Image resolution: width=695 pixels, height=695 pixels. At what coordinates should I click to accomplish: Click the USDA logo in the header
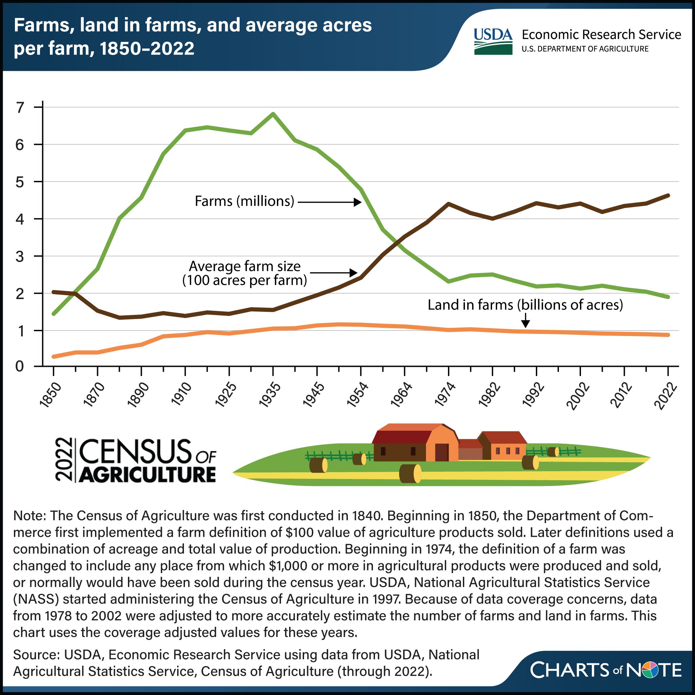pyautogui.click(x=493, y=41)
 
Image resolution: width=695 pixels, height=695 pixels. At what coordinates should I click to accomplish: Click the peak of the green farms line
pyautogui.click(x=273, y=114)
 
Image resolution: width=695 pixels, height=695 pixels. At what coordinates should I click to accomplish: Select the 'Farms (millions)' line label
pyautogui.click(x=244, y=201)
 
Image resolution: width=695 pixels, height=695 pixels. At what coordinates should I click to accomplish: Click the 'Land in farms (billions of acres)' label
pyautogui.click(x=525, y=305)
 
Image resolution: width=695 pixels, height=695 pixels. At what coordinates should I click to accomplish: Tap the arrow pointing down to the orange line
pyautogui.click(x=526, y=320)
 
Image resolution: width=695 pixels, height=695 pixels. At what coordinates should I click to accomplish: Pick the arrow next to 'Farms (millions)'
pyautogui.click(x=329, y=202)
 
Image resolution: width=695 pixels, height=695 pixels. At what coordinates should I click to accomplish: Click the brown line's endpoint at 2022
pyautogui.click(x=668, y=195)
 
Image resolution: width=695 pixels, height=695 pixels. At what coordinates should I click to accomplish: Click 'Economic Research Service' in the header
pyautogui.click(x=601, y=35)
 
